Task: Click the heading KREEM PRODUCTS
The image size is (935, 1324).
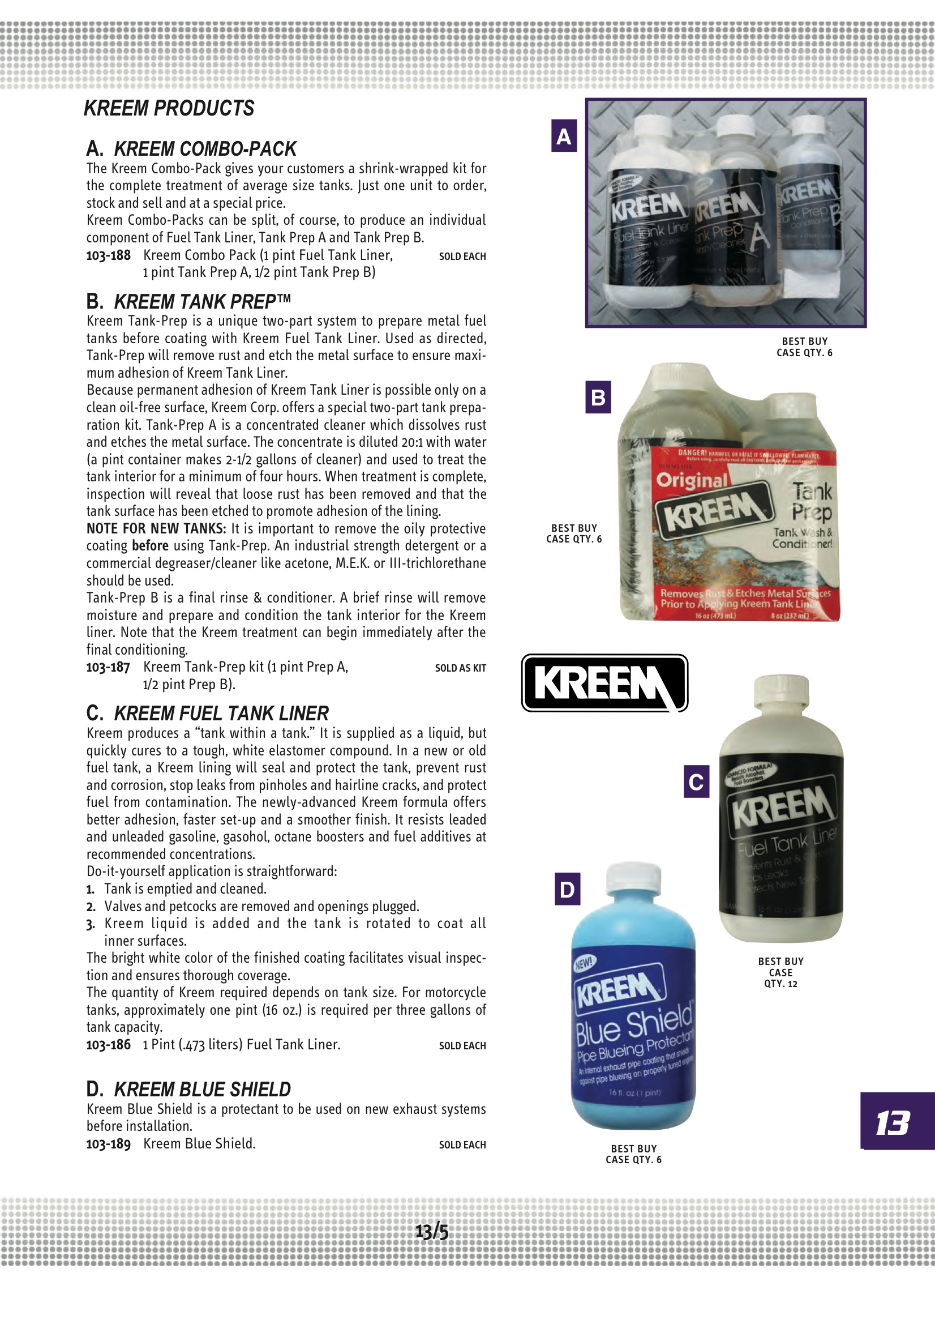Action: [169, 108]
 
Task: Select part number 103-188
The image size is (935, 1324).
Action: [108, 255]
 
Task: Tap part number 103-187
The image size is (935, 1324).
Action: [108, 667]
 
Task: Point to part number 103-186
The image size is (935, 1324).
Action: [108, 1045]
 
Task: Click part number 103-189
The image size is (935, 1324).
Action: [108, 1144]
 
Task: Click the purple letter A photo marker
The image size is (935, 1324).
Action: [564, 136]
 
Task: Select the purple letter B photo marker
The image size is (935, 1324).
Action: [598, 398]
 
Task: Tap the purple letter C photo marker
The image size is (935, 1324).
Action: [696, 781]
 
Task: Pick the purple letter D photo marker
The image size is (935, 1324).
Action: [567, 889]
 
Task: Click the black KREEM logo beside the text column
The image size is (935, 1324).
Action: [604, 683]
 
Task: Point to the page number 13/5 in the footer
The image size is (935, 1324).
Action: [432, 1232]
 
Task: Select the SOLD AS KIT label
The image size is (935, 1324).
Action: [460, 668]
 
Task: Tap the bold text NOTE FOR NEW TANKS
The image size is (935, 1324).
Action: [156, 529]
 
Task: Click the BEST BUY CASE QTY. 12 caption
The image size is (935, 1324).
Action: [780, 972]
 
